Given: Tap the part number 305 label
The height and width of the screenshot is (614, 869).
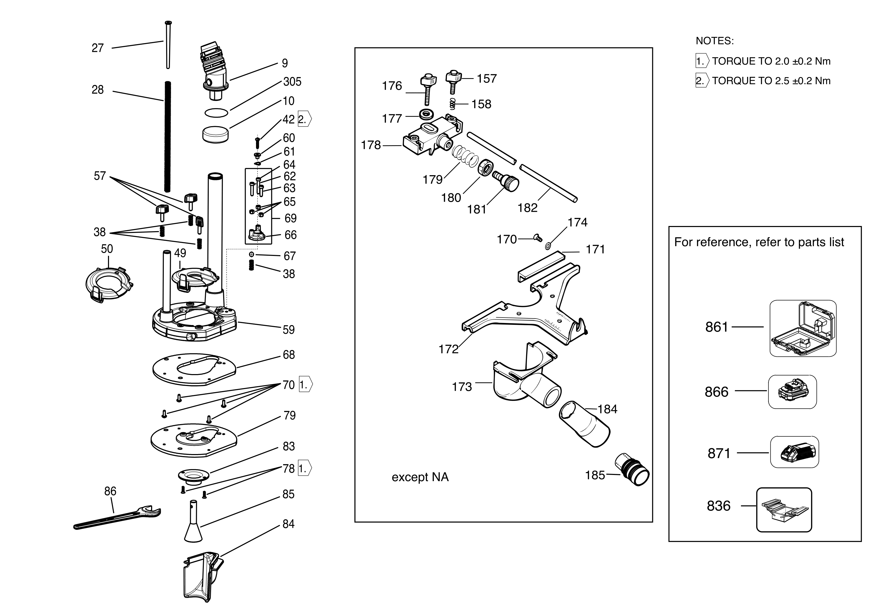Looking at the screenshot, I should tap(292, 82).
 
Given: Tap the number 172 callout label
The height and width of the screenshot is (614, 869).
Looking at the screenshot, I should tap(448, 349).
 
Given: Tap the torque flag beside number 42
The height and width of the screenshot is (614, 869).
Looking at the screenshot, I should tap(305, 119).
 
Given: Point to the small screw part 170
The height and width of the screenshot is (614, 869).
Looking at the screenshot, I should tap(537, 238).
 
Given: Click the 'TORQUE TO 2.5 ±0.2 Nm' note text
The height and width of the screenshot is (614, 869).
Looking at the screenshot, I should tap(771, 81).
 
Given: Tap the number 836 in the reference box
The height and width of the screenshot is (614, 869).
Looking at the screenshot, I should tap(718, 506).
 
